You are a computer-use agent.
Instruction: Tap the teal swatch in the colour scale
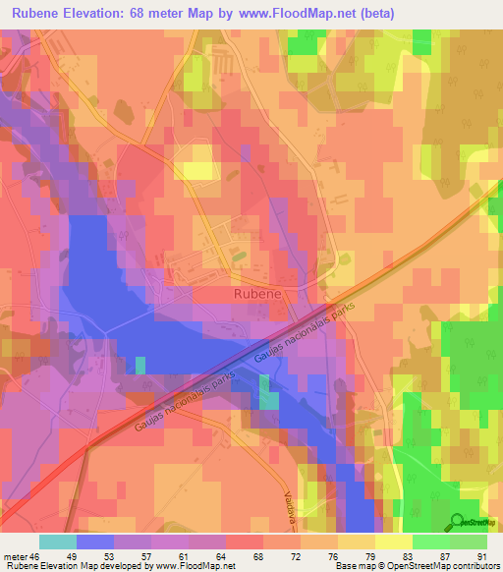(x=58, y=541)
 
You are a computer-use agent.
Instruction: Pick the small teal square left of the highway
(x=140, y=365)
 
